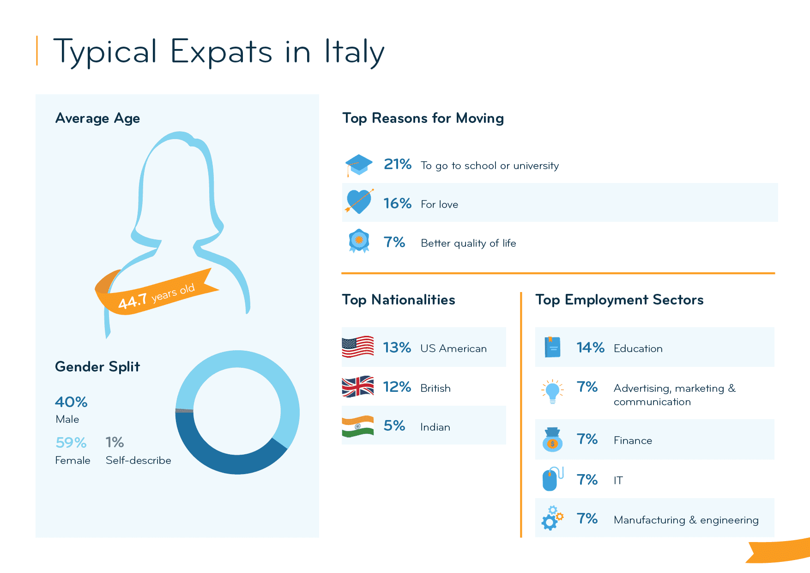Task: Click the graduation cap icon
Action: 359,165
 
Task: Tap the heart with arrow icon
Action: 359,202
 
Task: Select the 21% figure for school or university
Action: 397,164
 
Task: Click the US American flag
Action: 357,347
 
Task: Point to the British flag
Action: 357,386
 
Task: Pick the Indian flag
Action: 357,426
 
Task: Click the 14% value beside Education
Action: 590,347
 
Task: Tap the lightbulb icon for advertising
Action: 552,391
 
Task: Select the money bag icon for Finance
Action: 552,439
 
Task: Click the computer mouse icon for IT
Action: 551,479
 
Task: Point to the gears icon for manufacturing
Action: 552,518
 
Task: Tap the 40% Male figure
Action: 71,402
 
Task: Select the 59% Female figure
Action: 71,443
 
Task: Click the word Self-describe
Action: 138,460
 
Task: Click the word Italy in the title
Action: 354,52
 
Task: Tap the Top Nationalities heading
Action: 398,300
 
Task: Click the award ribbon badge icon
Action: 359,241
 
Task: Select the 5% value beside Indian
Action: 394,426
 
